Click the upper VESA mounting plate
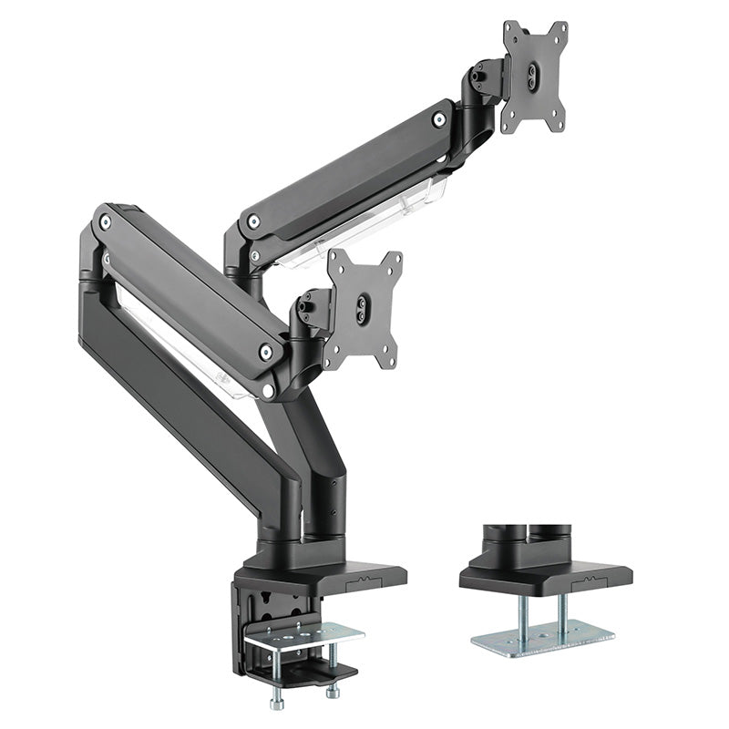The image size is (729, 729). [534, 77]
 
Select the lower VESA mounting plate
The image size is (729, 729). [364, 309]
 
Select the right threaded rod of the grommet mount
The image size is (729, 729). [562, 611]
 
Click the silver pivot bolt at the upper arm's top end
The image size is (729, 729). [439, 118]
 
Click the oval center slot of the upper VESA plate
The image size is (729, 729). [534, 76]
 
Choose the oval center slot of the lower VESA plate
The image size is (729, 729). [364, 308]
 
